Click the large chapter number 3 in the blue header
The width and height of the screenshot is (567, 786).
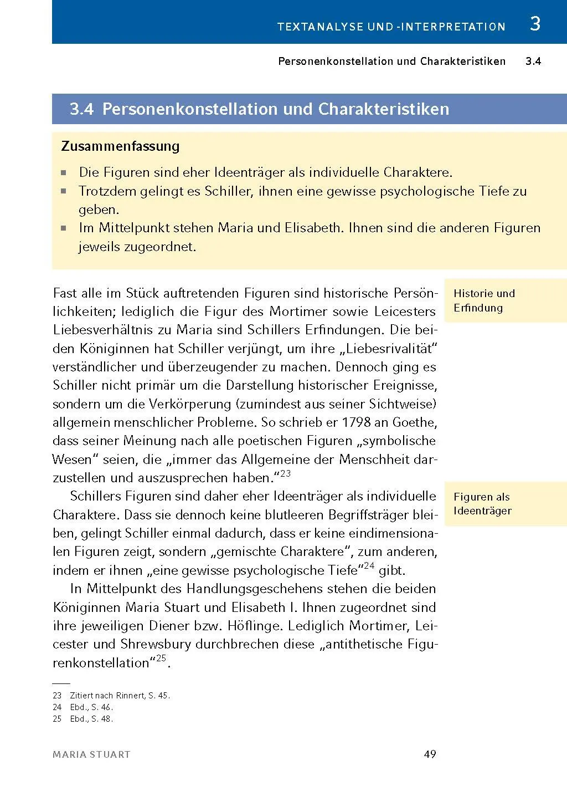click(534, 24)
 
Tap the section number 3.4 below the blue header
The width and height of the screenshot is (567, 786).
click(533, 62)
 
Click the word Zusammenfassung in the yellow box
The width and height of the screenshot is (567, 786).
click(120, 146)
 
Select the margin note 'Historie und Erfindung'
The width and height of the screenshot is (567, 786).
click(484, 300)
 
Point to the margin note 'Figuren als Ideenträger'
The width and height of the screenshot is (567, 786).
click(482, 503)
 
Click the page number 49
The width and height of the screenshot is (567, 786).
click(430, 754)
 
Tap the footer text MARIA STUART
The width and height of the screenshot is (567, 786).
click(92, 754)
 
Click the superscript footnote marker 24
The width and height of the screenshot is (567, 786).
click(369, 566)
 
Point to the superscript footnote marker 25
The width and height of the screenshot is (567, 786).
click(161, 659)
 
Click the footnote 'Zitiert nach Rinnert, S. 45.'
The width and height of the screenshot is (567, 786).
click(120, 695)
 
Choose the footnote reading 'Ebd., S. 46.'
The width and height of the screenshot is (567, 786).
click(91, 707)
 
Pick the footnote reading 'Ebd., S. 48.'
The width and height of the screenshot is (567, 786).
click(91, 719)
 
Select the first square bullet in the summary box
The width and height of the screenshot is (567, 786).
click(64, 172)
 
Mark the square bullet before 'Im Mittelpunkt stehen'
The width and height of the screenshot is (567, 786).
click(64, 228)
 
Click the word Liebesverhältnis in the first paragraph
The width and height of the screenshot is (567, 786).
click(106, 330)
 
